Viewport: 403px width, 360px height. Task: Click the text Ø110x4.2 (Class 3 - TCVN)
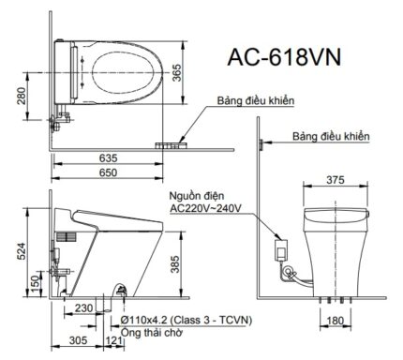[x=188, y=320]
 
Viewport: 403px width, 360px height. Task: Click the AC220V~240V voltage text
[x=204, y=211]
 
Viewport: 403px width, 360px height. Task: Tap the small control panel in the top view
[x=172, y=145]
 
